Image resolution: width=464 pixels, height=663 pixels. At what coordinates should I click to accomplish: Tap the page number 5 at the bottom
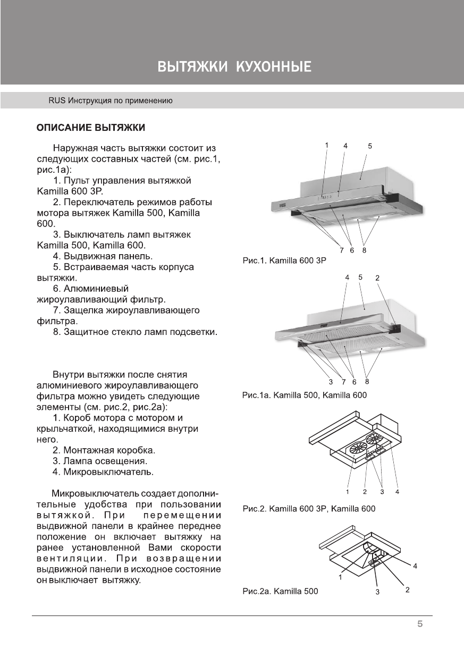click(419, 624)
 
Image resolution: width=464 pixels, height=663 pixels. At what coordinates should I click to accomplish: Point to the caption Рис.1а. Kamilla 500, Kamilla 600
click(304, 395)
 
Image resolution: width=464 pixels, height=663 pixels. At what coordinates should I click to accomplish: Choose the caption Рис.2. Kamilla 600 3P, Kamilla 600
click(308, 509)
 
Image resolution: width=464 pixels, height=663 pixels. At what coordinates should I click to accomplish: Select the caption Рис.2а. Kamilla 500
click(280, 591)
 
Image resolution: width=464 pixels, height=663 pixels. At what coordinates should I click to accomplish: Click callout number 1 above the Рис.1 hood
click(327, 145)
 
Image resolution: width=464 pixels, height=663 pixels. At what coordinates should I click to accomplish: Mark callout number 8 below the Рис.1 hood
click(364, 250)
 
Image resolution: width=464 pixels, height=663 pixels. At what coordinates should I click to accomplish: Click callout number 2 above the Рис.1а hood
click(377, 278)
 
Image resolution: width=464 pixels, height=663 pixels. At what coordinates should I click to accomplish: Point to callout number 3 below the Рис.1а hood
click(331, 382)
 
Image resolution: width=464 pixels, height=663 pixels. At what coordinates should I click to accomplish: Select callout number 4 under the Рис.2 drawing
click(397, 491)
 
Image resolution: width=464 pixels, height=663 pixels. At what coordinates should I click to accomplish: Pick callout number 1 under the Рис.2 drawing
click(348, 491)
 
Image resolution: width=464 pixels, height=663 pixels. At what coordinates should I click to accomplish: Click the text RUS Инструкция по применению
click(110, 100)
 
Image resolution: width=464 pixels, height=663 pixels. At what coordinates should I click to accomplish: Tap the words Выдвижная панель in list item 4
click(106, 256)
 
